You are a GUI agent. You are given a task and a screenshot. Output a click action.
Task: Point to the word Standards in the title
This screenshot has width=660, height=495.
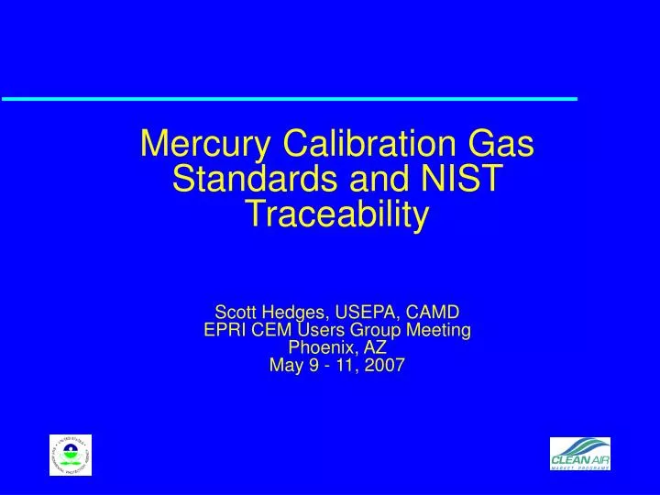pyautogui.click(x=242, y=180)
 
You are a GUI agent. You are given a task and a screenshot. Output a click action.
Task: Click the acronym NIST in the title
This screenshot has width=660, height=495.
pyautogui.click(x=461, y=180)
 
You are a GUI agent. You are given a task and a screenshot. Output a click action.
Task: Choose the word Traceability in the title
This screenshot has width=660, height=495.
pyautogui.click(x=337, y=214)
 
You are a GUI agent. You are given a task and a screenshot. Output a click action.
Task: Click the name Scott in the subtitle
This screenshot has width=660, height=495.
pyautogui.click(x=236, y=312)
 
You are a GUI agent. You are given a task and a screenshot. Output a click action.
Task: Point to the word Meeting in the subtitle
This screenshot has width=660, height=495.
pyautogui.click(x=436, y=330)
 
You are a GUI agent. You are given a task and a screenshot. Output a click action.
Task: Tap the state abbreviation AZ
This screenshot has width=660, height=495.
pyautogui.click(x=373, y=348)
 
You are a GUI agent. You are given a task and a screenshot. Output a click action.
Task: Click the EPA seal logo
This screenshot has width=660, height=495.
pyautogui.click(x=71, y=456)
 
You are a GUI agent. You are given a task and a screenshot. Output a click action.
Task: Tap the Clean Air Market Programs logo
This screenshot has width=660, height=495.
pyautogui.click(x=580, y=453)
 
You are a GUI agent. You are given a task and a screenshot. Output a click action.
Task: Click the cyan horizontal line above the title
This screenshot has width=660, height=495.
pyautogui.click(x=289, y=98)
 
